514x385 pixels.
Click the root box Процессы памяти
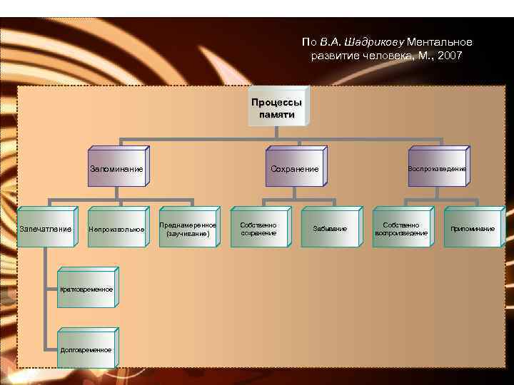[277, 108]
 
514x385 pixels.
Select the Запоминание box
[116, 169]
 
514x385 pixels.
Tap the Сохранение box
[294, 169]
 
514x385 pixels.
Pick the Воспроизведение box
[437, 169]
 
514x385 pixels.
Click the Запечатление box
[45, 229]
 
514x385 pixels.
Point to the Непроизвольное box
[116, 229]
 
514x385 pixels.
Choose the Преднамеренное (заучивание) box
[188, 229]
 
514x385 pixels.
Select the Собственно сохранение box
[258, 229]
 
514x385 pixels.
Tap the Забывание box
[330, 229]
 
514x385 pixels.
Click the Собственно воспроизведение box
[401, 229]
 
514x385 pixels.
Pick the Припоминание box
[473, 229]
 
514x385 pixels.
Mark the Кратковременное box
[86, 289]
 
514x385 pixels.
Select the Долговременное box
[86, 350]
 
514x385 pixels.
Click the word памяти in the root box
[277, 114]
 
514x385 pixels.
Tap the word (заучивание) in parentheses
[188, 234]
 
